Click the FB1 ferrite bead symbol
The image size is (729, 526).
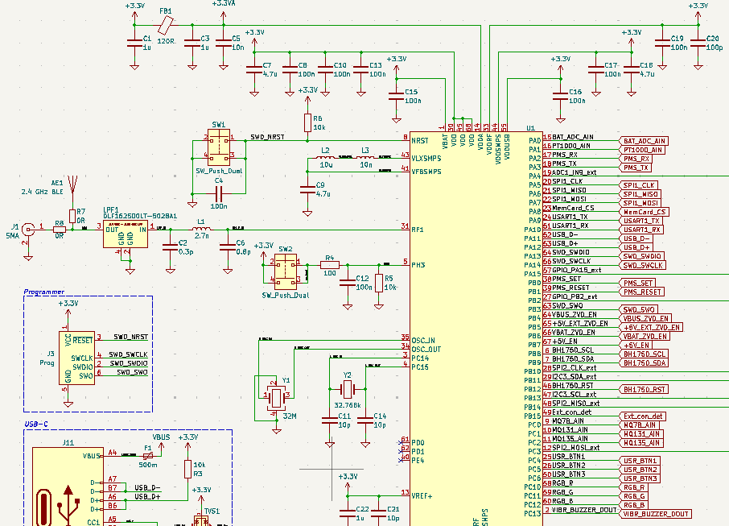(167, 27)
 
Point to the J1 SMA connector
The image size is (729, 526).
(28, 230)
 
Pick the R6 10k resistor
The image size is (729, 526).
(307, 122)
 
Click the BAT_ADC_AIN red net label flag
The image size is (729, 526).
(644, 140)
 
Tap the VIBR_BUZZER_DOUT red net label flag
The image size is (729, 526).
(656, 513)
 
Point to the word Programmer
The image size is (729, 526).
(45, 292)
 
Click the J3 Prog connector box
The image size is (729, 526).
(76, 358)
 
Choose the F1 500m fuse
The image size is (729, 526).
(147, 455)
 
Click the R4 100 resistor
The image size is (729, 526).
(329, 263)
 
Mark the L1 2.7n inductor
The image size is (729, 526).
(202, 230)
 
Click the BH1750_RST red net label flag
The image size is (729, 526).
(644, 389)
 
